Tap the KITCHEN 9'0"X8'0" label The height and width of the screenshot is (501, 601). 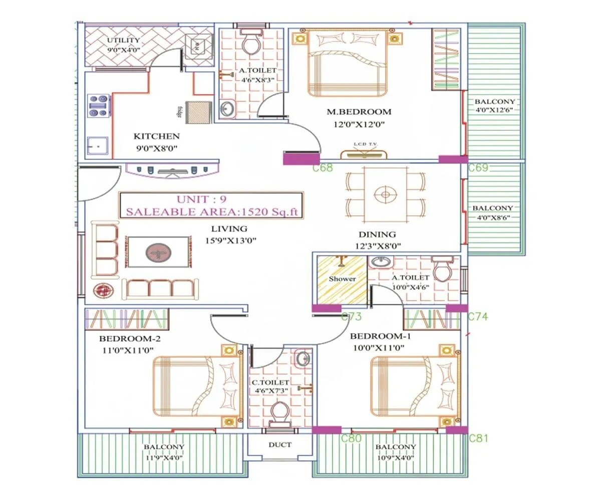coord(156,142)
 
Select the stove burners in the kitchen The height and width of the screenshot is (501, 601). coord(99,106)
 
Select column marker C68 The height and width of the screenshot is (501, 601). coord(323,168)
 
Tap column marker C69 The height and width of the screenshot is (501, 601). coord(478,168)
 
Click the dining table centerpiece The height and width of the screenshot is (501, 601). coord(385,195)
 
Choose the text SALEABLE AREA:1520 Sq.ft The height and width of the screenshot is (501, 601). coord(211,212)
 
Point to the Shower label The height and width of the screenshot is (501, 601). coord(342,279)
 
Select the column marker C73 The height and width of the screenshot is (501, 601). coord(351,317)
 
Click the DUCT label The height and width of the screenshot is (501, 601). coord(279,444)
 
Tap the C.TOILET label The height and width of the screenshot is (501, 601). coord(270,382)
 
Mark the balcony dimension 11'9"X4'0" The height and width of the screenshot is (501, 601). coord(164,457)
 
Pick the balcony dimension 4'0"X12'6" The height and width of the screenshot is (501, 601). coord(494,110)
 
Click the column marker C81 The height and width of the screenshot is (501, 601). coord(478,438)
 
